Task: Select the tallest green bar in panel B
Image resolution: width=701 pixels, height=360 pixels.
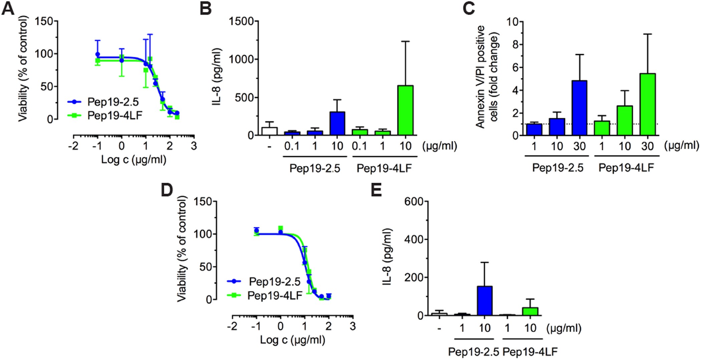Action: click(406, 111)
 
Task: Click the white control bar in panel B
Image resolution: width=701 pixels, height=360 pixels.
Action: click(269, 131)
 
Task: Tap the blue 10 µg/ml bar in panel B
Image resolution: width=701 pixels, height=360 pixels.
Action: click(337, 124)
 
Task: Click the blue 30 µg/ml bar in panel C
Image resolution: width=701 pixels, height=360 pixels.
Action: click(579, 108)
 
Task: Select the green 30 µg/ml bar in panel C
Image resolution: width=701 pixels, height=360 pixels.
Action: click(648, 105)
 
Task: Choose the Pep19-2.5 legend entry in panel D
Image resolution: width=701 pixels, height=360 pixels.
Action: click(274, 282)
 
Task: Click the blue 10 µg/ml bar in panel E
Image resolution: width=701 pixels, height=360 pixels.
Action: click(484, 301)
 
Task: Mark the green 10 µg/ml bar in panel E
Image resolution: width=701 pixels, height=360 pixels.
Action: click(530, 311)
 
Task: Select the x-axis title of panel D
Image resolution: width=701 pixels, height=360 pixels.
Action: click(292, 340)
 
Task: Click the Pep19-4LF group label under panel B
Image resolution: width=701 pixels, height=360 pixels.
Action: click(384, 168)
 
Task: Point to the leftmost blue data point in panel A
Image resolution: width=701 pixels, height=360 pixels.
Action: click(97, 54)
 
